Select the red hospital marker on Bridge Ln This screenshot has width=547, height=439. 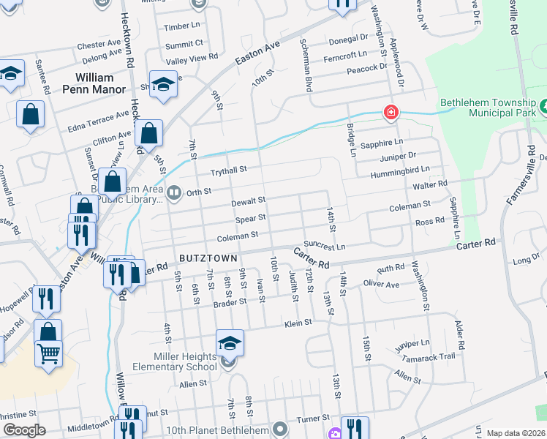391,112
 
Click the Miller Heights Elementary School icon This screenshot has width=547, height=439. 230,342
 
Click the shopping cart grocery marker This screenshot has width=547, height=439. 48,353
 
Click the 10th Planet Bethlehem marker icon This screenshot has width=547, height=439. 279,427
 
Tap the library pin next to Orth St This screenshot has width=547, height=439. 174,194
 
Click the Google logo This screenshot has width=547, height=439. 24,429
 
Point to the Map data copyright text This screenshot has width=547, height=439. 515,433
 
